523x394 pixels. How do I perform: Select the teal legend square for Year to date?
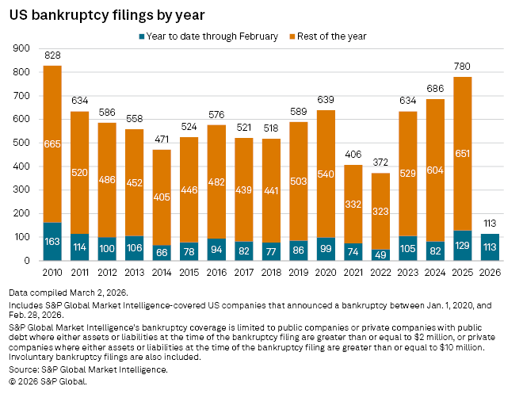coord(141,36)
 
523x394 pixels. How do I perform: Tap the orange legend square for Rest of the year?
coord(292,36)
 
